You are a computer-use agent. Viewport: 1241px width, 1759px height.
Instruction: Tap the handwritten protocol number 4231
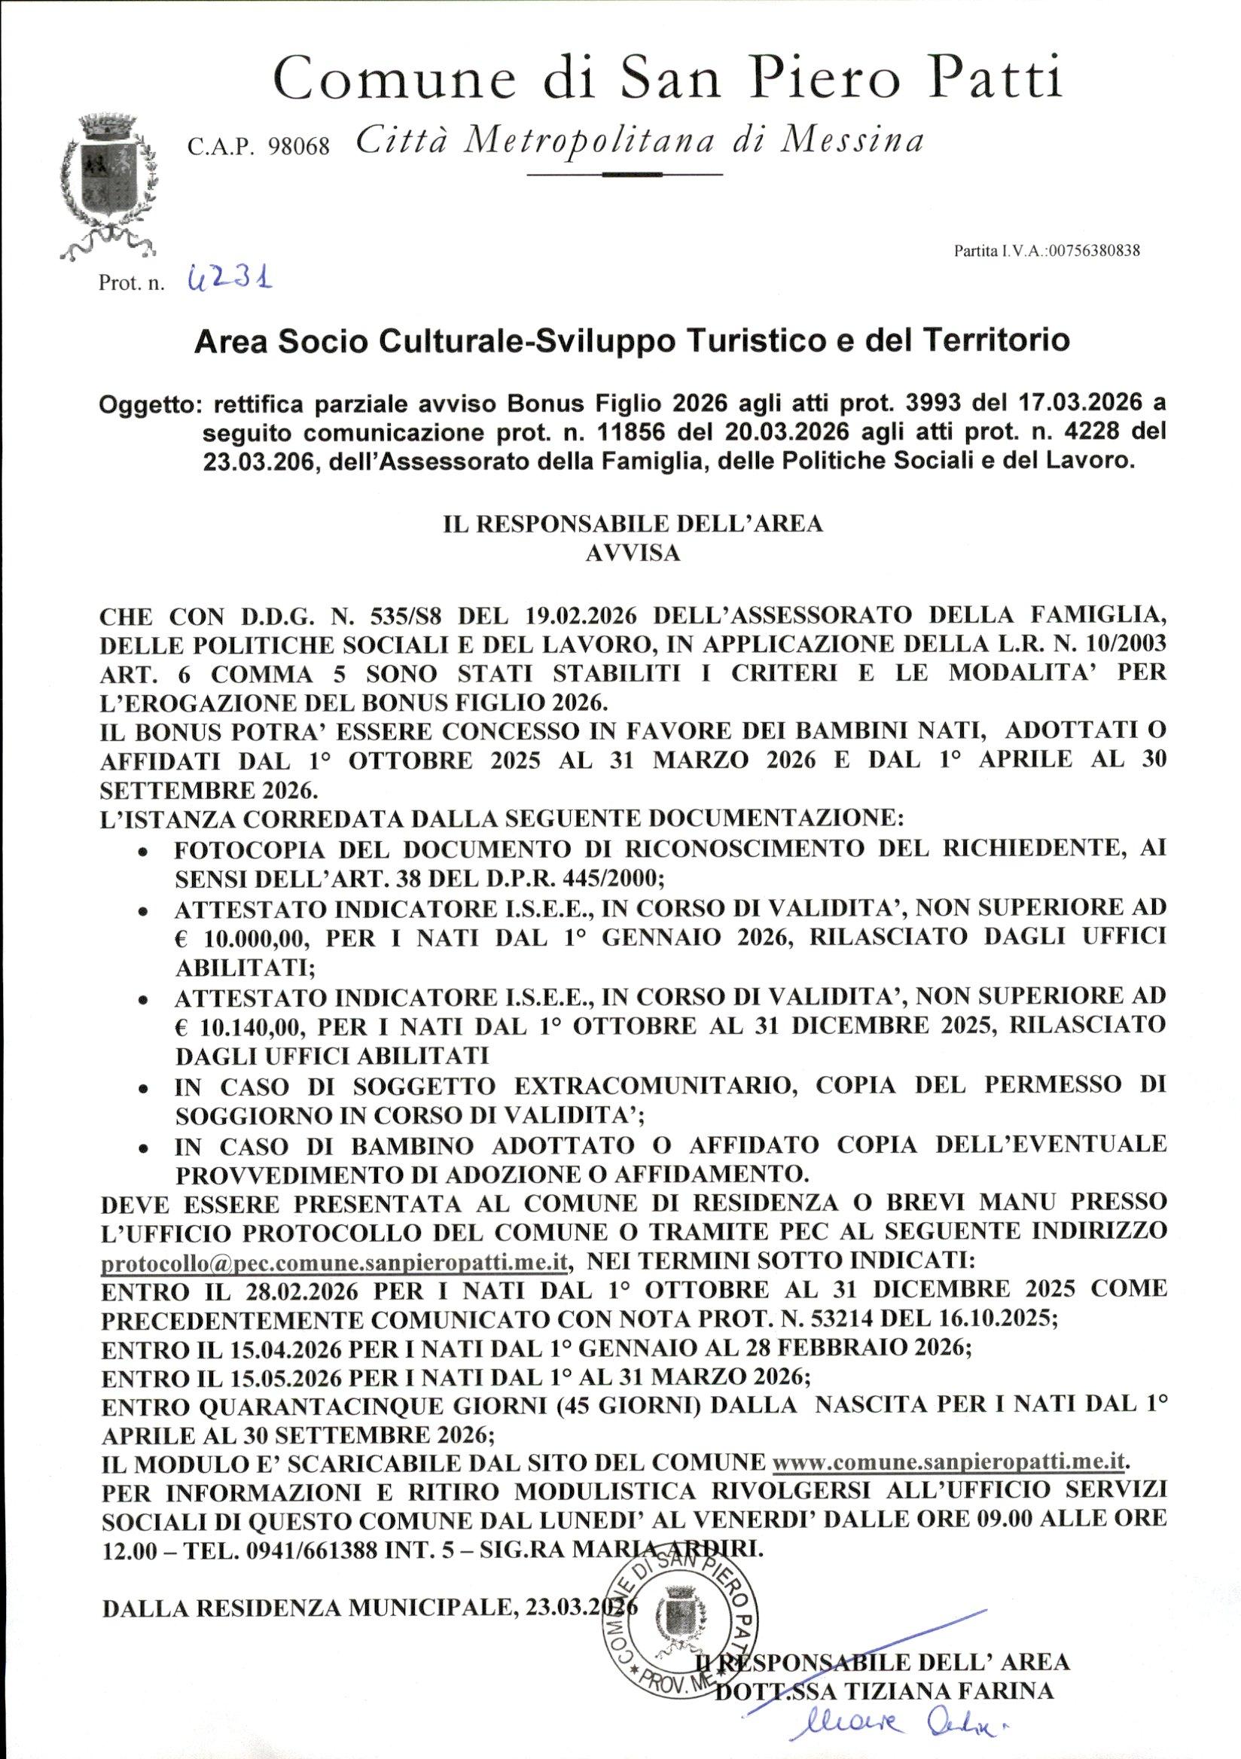point(230,279)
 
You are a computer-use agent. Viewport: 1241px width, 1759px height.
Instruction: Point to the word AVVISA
point(632,553)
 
